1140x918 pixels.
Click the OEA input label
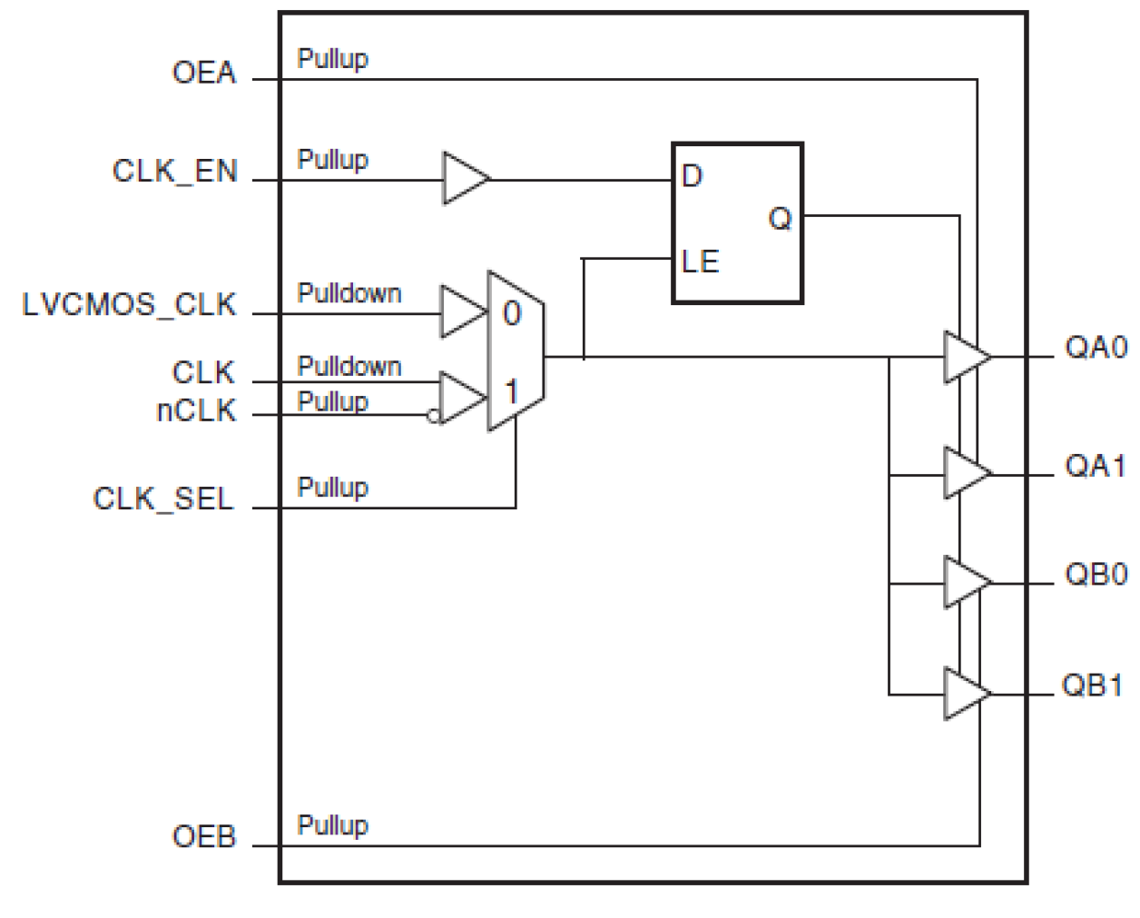click(x=204, y=73)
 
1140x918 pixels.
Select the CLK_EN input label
click(x=175, y=171)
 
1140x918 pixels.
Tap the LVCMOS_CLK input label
click(x=129, y=304)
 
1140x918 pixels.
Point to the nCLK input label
click(x=196, y=410)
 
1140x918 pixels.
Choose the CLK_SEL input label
click(x=163, y=498)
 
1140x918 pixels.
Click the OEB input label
click(x=204, y=836)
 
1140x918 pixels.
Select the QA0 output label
click(x=1096, y=347)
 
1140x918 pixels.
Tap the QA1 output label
click(x=1095, y=466)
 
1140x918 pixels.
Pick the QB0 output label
click(x=1096, y=574)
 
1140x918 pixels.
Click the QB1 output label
click(x=1093, y=686)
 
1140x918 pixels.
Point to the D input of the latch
click(x=692, y=175)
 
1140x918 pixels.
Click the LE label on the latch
click(x=700, y=262)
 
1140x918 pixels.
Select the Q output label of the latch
click(x=781, y=218)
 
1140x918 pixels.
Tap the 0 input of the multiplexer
click(x=512, y=313)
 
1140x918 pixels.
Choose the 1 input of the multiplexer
click(x=512, y=391)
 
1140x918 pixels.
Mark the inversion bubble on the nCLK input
click(x=434, y=416)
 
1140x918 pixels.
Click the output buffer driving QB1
click(x=965, y=694)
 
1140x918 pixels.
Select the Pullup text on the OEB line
click(x=332, y=824)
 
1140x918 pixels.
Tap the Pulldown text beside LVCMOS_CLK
click(x=349, y=293)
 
